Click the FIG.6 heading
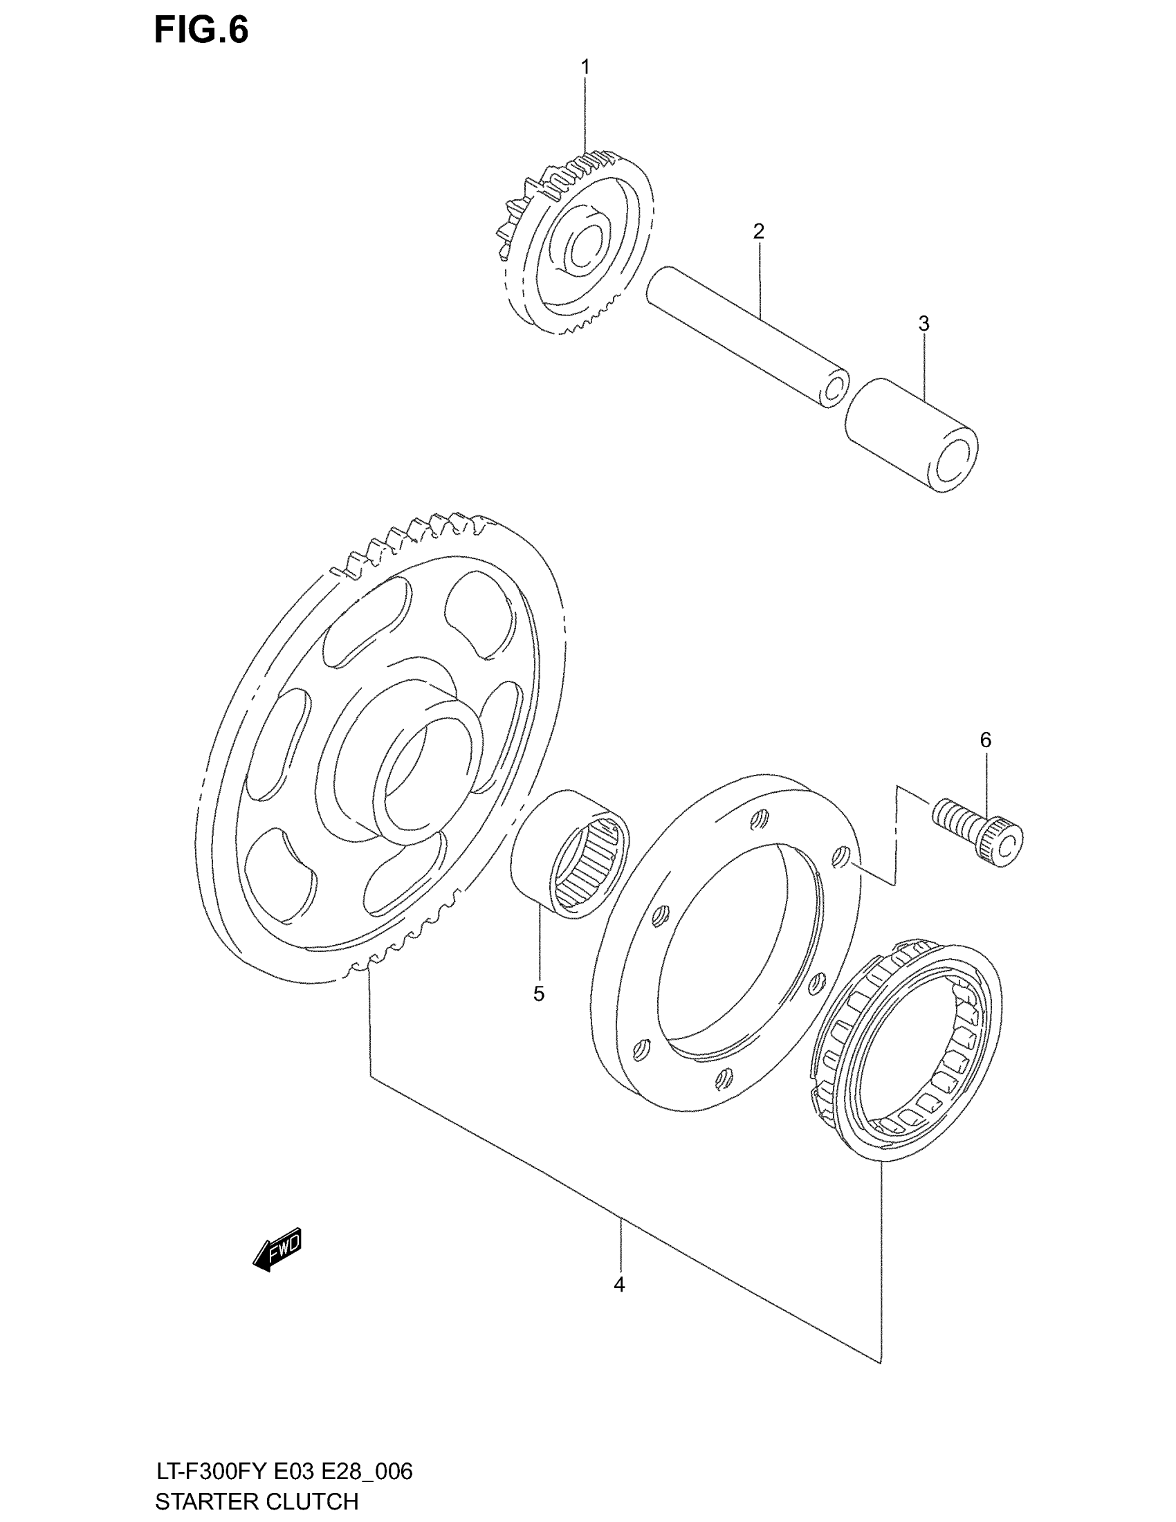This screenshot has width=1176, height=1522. (x=201, y=30)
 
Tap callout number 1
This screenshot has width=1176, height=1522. (x=585, y=67)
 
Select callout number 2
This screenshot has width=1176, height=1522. (x=759, y=231)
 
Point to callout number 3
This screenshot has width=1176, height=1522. (x=924, y=323)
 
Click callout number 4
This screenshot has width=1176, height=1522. (x=619, y=1285)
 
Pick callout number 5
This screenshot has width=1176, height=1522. (x=538, y=993)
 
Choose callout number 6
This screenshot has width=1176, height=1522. (x=985, y=740)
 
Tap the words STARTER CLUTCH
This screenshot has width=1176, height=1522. (x=257, y=1501)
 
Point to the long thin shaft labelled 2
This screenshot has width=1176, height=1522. (x=746, y=335)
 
